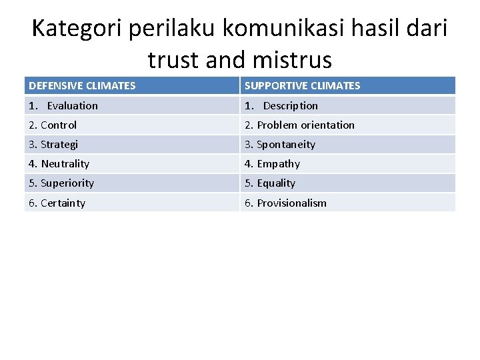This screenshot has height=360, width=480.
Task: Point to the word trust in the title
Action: pos(173,60)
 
